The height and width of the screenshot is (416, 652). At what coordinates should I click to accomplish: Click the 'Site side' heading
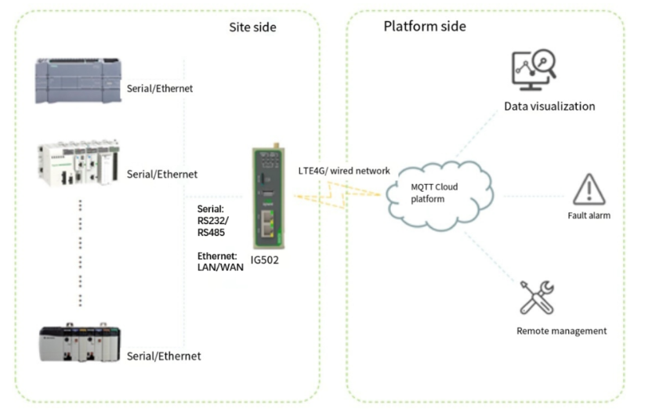coord(252,27)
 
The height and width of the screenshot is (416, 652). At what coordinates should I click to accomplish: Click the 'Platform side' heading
coord(424,27)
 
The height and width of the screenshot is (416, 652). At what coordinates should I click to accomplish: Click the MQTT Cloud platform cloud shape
coord(439,192)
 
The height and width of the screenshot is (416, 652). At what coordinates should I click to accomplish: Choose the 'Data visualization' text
coord(549,106)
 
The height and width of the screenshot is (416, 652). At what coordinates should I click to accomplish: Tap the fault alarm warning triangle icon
coord(589,189)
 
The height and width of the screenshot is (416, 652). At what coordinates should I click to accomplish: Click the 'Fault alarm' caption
coord(589,215)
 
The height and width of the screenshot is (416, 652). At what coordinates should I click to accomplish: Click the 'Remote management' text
coord(561,331)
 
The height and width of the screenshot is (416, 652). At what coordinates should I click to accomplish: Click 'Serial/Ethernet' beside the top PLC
coord(160,89)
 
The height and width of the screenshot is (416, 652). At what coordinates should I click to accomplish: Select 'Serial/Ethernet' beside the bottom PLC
coord(164,356)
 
